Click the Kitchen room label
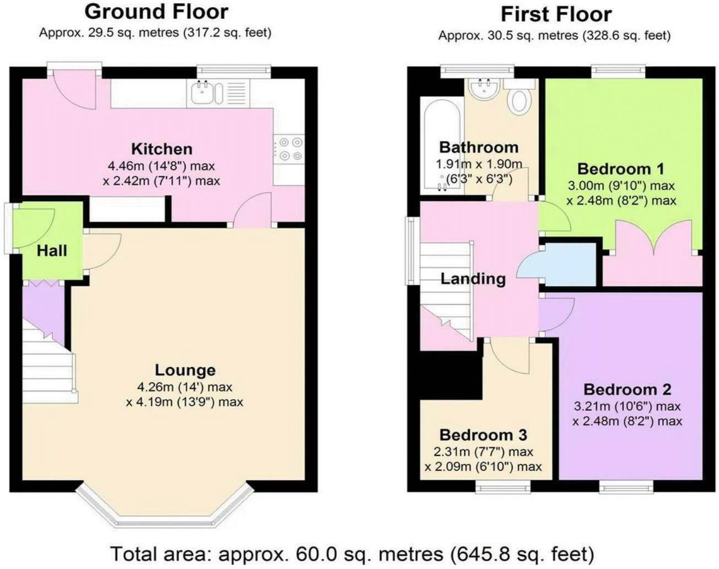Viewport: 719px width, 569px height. pyautogui.click(x=162, y=149)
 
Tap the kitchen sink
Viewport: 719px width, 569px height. pyautogui.click(x=207, y=93)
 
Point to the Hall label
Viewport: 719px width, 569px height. pyautogui.click(x=52, y=251)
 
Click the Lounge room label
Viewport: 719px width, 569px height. pyautogui.click(x=185, y=370)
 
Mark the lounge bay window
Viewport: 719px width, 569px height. pyautogui.click(x=163, y=510)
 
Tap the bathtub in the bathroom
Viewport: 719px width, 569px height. pyautogui.click(x=441, y=144)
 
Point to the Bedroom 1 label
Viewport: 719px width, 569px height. pyautogui.click(x=620, y=169)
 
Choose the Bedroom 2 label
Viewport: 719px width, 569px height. pyautogui.click(x=627, y=389)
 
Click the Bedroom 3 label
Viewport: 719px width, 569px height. pyautogui.click(x=483, y=435)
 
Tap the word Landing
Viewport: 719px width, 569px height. pyautogui.click(x=473, y=278)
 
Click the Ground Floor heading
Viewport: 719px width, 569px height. pyautogui.click(x=156, y=12)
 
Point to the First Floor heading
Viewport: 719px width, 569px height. pyautogui.click(x=556, y=14)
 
